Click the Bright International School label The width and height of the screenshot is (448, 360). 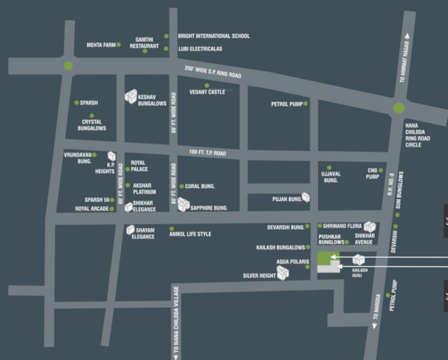[214, 36]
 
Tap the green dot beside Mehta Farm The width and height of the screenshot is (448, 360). [119, 45]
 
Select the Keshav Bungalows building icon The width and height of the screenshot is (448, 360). [130, 97]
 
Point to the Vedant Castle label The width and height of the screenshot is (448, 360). [207, 92]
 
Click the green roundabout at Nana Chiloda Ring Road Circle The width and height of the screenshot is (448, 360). [399, 108]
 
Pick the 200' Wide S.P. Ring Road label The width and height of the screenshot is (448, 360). [213, 72]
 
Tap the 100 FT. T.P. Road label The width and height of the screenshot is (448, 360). [207, 153]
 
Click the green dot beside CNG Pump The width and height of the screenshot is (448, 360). [381, 170]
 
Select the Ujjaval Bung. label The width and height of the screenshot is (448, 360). [330, 177]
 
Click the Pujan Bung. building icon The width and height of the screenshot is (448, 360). [306, 197]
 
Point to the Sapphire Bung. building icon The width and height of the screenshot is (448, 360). [183, 204]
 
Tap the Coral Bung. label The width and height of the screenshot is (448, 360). [200, 187]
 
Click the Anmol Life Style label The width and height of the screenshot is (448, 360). [190, 234]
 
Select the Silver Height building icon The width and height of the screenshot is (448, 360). [283, 273]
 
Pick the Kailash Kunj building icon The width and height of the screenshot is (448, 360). [358, 259]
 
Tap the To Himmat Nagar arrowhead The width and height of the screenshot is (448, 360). [407, 36]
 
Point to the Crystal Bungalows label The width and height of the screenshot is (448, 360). [92, 125]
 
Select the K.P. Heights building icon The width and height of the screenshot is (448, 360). [112, 156]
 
